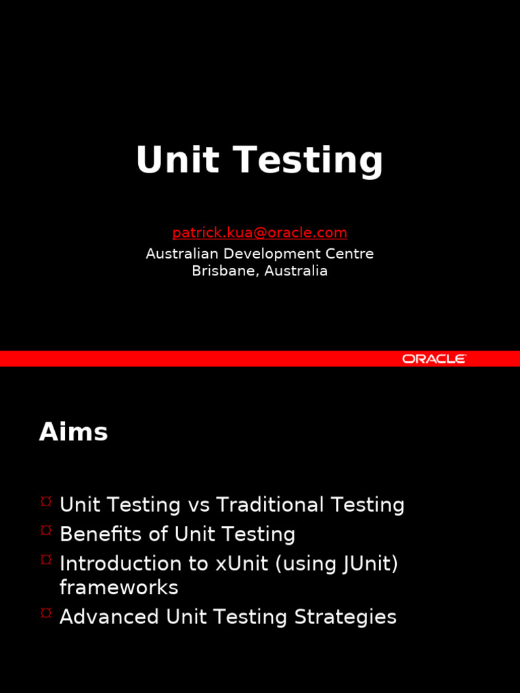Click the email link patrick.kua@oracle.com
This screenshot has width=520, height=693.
pyautogui.click(x=259, y=233)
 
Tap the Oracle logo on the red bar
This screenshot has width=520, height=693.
pyautogui.click(x=434, y=359)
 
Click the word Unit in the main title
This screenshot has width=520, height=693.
pyautogui.click(x=177, y=160)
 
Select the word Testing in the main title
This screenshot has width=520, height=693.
pyautogui.click(x=308, y=161)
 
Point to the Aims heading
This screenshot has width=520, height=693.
pyautogui.click(x=73, y=431)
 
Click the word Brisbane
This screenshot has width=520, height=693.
pyautogui.click(x=224, y=271)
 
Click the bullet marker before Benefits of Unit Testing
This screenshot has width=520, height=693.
pyautogui.click(x=46, y=529)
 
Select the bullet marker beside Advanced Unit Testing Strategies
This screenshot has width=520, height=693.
pyautogui.click(x=46, y=612)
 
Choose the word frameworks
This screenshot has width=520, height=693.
pyautogui.click(x=119, y=587)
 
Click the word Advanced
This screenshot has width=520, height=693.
pyautogui.click(x=109, y=617)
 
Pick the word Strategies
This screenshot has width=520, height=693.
pyautogui.click(x=345, y=617)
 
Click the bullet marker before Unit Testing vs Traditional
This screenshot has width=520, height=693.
pyautogui.click(x=46, y=501)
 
